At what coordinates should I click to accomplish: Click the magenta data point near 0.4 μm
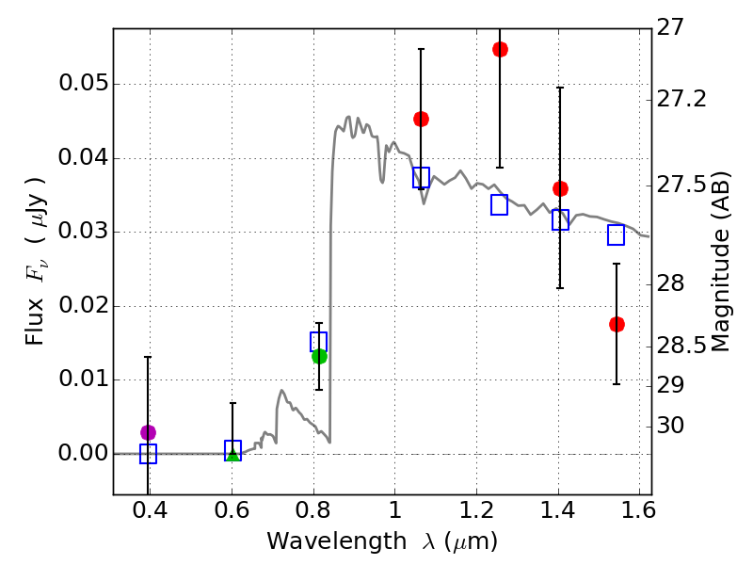click(x=148, y=432)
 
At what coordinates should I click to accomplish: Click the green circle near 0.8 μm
click(x=319, y=356)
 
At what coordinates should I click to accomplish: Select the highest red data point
click(x=500, y=49)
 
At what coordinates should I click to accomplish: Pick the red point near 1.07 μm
click(x=421, y=119)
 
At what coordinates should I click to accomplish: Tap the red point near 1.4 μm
click(x=560, y=188)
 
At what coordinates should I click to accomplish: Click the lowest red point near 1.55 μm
click(x=617, y=324)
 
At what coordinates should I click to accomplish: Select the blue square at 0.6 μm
click(x=233, y=450)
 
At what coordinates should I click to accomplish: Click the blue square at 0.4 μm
click(x=148, y=454)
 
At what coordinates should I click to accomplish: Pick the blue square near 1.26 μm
click(x=500, y=204)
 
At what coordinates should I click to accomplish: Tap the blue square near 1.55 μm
click(x=617, y=234)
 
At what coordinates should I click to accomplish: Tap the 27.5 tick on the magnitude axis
click(x=683, y=185)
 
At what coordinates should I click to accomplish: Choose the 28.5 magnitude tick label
click(x=683, y=347)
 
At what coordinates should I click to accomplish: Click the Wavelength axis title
click(x=382, y=541)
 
